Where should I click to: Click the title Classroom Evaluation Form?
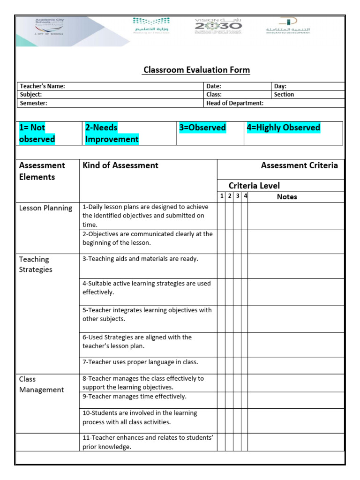tap(196, 70)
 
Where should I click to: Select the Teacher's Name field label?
tap(42, 86)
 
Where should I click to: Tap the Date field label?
tap(214, 86)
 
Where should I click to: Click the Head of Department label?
tap(235, 103)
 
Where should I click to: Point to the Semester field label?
tap(33, 103)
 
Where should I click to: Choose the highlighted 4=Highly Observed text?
tap(283, 127)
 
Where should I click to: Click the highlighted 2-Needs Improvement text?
tap(112, 133)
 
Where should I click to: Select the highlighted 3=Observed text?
tap(202, 127)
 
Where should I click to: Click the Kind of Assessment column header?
tap(120, 165)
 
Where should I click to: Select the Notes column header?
tap(287, 197)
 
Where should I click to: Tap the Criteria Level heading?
tap(254, 186)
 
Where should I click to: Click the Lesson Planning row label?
tap(45, 208)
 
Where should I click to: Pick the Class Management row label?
tap(41, 384)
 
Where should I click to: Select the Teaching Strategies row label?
tap(36, 264)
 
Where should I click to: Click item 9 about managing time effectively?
tap(135, 397)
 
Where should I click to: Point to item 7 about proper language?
tap(140, 362)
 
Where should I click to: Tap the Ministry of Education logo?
tap(151, 25)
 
